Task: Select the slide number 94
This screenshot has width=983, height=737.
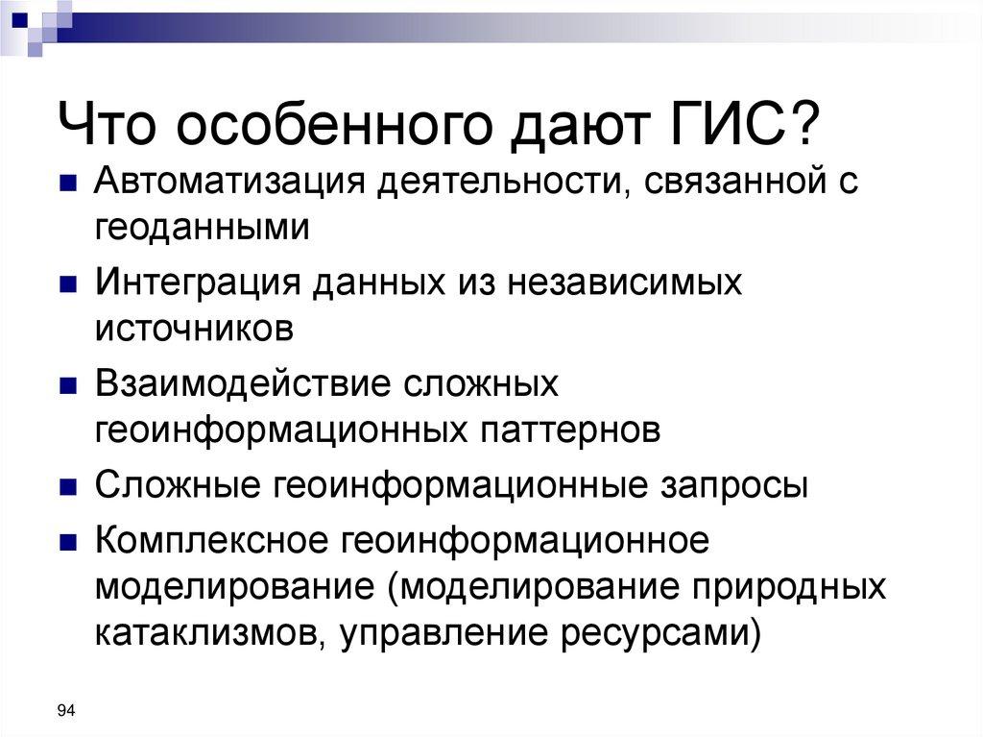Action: (66, 711)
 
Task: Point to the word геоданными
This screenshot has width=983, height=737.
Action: (203, 228)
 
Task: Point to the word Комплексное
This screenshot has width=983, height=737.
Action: (208, 539)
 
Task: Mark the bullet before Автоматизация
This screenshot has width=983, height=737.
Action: (71, 184)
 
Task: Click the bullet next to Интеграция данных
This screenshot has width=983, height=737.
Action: (71, 284)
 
